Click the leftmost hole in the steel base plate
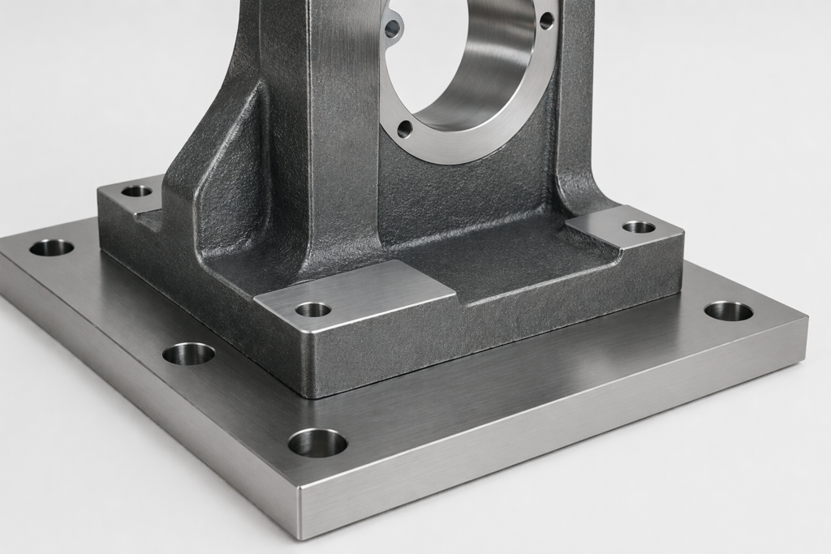tap(51, 247)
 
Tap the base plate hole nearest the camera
tap(317, 443)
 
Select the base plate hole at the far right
tap(728, 311)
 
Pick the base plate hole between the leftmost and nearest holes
tap(188, 354)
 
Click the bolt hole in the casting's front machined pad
tap(313, 309)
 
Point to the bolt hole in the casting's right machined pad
tap(639, 226)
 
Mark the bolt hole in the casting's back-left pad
tap(136, 191)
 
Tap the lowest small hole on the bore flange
tap(404, 127)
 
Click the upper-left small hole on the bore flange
tap(393, 29)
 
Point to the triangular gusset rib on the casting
tap(231, 170)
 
